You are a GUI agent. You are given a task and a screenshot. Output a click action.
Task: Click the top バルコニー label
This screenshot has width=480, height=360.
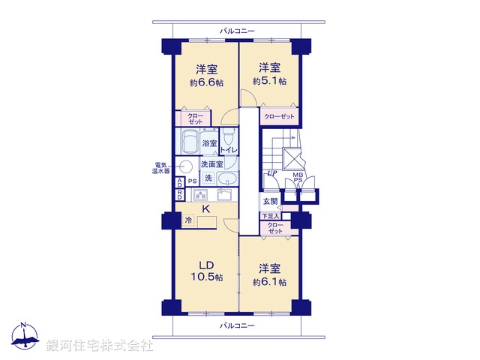[x=237, y=31]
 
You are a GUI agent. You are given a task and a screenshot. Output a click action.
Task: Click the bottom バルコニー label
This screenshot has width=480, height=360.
[x=237, y=326]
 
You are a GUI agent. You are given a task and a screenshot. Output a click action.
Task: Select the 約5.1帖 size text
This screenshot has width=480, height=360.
[x=269, y=81]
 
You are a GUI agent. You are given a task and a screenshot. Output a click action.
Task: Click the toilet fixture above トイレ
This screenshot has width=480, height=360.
[x=230, y=137]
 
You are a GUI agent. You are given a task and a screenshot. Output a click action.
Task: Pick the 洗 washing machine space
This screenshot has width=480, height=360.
[x=209, y=178]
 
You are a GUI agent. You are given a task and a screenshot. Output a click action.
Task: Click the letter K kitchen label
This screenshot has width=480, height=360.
[x=203, y=209]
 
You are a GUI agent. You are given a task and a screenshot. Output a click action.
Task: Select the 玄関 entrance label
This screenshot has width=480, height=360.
[x=270, y=202]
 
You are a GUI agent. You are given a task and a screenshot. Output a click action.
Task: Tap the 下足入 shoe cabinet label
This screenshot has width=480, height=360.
[x=269, y=216]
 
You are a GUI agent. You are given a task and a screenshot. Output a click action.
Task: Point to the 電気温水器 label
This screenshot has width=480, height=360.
[x=160, y=167]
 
